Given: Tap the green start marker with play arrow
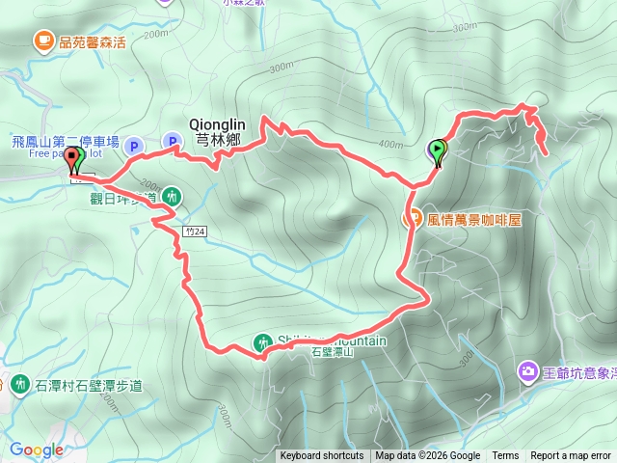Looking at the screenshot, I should point(439,150).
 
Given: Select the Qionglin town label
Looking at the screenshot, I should point(218,130).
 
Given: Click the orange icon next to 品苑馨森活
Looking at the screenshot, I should point(43,41).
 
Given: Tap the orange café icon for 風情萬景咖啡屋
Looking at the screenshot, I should point(413,218).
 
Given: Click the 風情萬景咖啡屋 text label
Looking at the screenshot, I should point(473,219).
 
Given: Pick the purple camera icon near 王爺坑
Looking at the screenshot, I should point(527,370).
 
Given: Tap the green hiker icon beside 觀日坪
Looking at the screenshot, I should point(172,196).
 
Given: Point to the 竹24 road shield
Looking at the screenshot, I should point(194,231).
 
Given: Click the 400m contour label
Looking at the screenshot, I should point(390,145).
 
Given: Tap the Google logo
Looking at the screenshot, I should point(36,449).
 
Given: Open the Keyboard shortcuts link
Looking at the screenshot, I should point(322,456).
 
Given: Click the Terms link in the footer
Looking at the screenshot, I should point(505,456).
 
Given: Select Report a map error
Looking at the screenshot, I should point(572,456).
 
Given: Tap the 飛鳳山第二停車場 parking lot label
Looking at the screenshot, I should point(66,142).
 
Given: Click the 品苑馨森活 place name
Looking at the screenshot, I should point(93,41).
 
